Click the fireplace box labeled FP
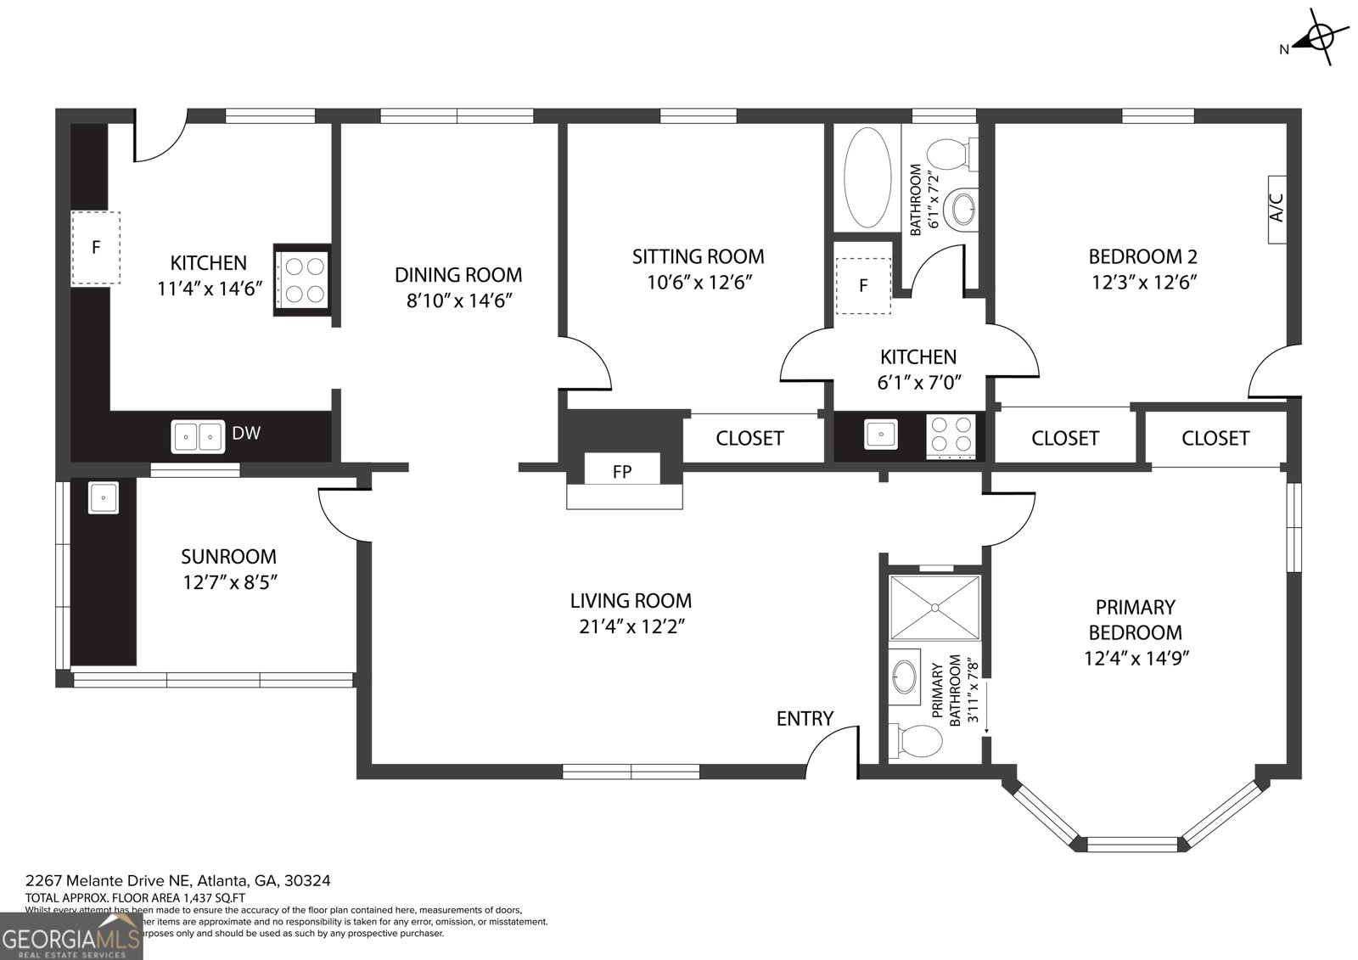pos(622,471)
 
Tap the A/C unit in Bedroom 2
pos(1277,209)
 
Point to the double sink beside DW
pos(198,436)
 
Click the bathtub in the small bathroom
pos(867,177)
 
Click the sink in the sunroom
pos(104,497)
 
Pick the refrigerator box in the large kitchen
pos(96,248)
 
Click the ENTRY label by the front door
pos(805,719)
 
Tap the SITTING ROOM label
pos(698,256)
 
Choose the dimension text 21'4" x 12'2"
pos(631,626)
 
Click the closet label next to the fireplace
pos(749,438)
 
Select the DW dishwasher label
pos(246,433)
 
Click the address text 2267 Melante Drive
pos(178,881)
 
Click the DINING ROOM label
pos(458,275)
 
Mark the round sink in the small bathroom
pos(963,208)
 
